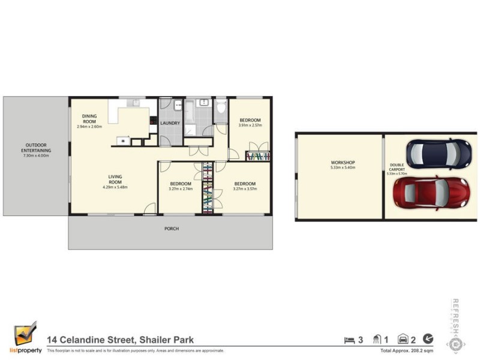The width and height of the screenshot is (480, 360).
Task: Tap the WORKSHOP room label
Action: click(x=343, y=163)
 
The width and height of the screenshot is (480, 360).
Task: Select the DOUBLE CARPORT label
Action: click(x=397, y=167)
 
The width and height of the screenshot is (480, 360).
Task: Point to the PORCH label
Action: click(x=172, y=229)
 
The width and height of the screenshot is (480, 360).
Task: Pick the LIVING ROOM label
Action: click(x=115, y=179)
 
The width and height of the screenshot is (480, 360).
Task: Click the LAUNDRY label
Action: click(x=170, y=123)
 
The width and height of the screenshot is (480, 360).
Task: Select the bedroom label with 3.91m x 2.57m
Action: click(x=250, y=120)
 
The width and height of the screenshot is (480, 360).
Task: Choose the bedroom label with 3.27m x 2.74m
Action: click(x=181, y=184)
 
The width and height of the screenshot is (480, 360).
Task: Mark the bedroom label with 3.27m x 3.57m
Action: click(x=245, y=184)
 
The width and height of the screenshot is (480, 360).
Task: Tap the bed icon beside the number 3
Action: click(x=349, y=340)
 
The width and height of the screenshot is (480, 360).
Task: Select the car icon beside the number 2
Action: click(x=403, y=340)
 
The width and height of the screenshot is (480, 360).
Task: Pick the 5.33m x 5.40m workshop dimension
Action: click(x=343, y=168)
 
